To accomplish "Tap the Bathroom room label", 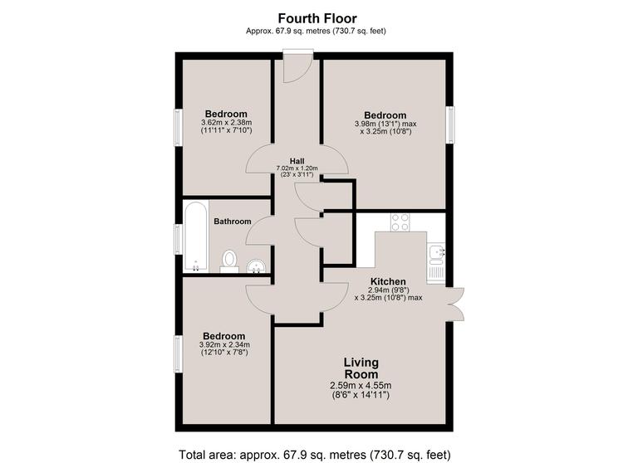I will [233, 222].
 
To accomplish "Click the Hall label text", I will [297, 161].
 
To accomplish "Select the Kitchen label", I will [388, 281].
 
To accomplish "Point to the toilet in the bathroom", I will [229, 261].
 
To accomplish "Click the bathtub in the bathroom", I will [196, 236].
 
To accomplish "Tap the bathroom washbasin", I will [257, 266].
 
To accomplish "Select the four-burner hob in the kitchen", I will [400, 222].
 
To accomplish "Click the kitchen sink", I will [437, 251].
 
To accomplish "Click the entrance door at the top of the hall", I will [297, 66].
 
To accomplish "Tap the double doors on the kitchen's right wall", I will [456, 303].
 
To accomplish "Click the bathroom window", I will [178, 239].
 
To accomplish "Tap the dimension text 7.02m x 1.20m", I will [297, 168].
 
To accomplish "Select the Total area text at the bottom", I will [315, 454].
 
